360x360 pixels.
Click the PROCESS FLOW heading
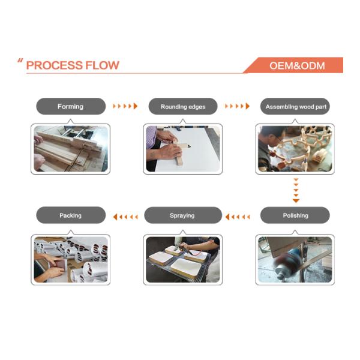click(73, 65)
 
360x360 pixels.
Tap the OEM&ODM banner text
click(297, 65)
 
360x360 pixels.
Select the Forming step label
click(70, 107)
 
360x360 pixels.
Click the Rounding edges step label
click(183, 107)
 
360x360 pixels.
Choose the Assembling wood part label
click(296, 107)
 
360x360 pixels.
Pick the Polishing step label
click(295, 215)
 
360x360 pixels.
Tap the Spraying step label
click(182, 215)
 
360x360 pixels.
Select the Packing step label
click(70, 215)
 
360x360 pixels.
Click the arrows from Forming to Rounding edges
click(125, 106)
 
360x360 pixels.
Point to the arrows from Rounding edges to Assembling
click(237, 106)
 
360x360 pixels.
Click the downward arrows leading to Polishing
click(296, 190)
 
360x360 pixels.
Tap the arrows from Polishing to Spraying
click(238, 217)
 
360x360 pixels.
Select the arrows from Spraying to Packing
click(125, 217)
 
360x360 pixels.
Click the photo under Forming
click(71, 149)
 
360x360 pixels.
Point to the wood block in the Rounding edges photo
click(179, 154)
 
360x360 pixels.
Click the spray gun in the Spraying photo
click(187, 250)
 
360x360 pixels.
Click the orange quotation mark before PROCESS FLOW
click(20, 61)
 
